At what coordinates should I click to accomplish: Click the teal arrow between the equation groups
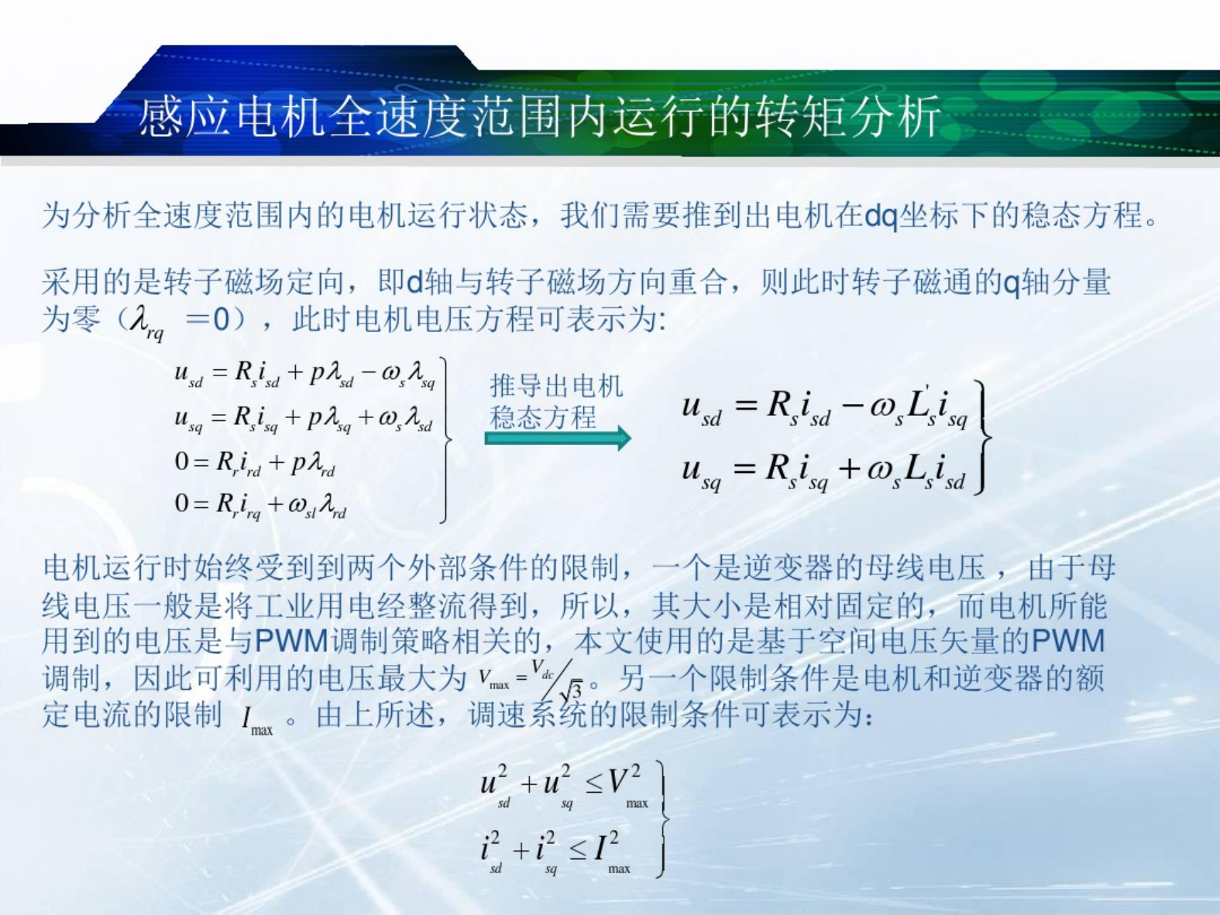pos(558,438)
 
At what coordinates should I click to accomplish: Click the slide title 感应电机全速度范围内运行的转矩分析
pos(539,117)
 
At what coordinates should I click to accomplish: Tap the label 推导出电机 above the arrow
pos(556,386)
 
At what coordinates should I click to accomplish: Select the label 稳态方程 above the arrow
pos(543,417)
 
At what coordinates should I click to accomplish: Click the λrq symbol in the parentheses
pos(146,323)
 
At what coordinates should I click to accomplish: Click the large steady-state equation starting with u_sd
pos(825,407)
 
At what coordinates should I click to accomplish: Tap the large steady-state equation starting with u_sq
pos(823,471)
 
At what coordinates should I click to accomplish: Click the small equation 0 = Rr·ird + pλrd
pos(255,463)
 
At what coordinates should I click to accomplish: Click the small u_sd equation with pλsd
pos(304,374)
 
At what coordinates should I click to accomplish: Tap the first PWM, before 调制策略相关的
pos(292,641)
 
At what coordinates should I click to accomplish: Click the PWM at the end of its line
pos(1067,641)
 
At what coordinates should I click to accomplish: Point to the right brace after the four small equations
pos(445,440)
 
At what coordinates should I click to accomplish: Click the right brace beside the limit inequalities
pos(662,820)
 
